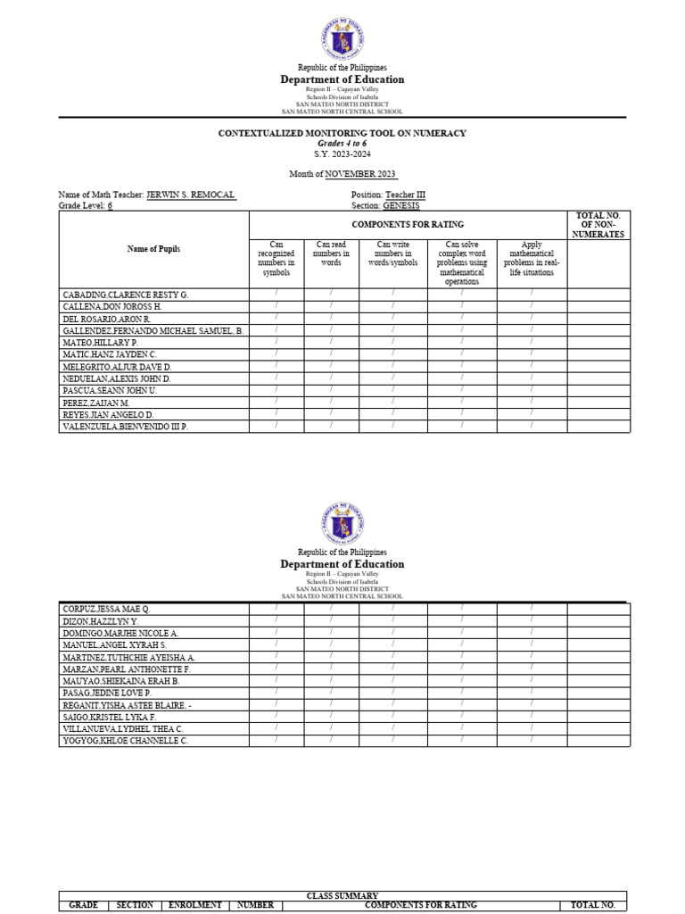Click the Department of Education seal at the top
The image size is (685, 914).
(342, 39)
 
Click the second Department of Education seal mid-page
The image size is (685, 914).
(342, 524)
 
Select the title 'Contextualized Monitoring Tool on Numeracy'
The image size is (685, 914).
(342, 133)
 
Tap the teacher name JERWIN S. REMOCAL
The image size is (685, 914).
(191, 195)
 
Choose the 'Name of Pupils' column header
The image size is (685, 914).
(153, 249)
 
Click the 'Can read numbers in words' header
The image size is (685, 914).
(331, 253)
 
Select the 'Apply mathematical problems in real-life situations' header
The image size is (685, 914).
(532, 258)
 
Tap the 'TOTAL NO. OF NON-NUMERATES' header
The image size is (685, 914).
(598, 225)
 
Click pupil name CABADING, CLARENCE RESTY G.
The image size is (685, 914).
(125, 295)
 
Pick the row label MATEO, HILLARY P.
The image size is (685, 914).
(100, 343)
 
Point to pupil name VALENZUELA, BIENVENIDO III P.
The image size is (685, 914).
(125, 428)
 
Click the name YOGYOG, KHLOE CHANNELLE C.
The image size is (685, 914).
(125, 741)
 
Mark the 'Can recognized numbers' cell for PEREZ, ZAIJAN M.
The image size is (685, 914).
(276, 403)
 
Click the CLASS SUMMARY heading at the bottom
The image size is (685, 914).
(342, 895)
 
